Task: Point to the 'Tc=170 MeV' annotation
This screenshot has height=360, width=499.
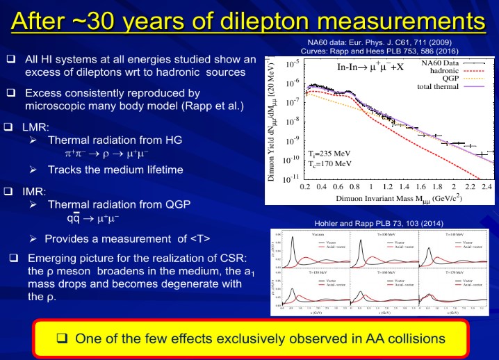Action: pyautogui.click(x=328, y=166)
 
